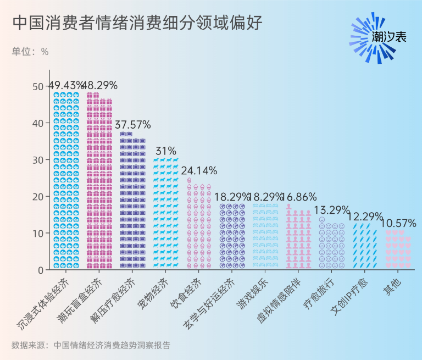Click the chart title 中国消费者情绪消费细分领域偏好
[137, 23]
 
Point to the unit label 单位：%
[30, 52]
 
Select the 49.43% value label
[66, 85]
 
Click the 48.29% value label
[99, 85]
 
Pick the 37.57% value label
[132, 125]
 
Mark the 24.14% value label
[199, 170]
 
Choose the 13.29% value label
[331, 209]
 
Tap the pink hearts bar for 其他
[398, 250]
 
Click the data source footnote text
[91, 346]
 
